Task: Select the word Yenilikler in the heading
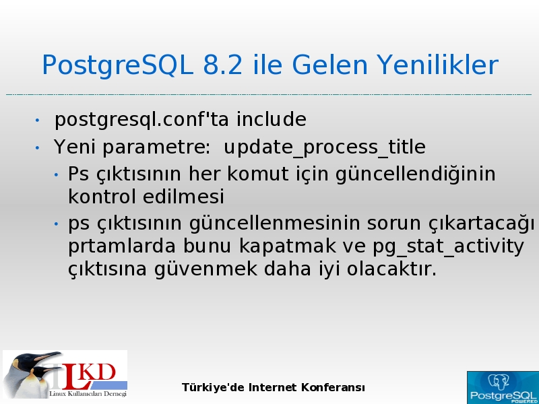(x=437, y=65)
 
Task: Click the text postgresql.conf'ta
(x=141, y=120)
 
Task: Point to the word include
(x=272, y=119)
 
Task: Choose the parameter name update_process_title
(x=325, y=147)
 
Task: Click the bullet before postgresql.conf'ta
(x=37, y=121)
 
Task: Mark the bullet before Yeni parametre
(x=37, y=147)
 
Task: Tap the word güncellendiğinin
(x=415, y=174)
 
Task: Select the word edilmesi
(x=183, y=197)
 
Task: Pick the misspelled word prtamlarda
(x=122, y=246)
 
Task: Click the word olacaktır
(x=391, y=269)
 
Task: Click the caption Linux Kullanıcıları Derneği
(x=88, y=393)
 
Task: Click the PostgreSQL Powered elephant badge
(x=503, y=388)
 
